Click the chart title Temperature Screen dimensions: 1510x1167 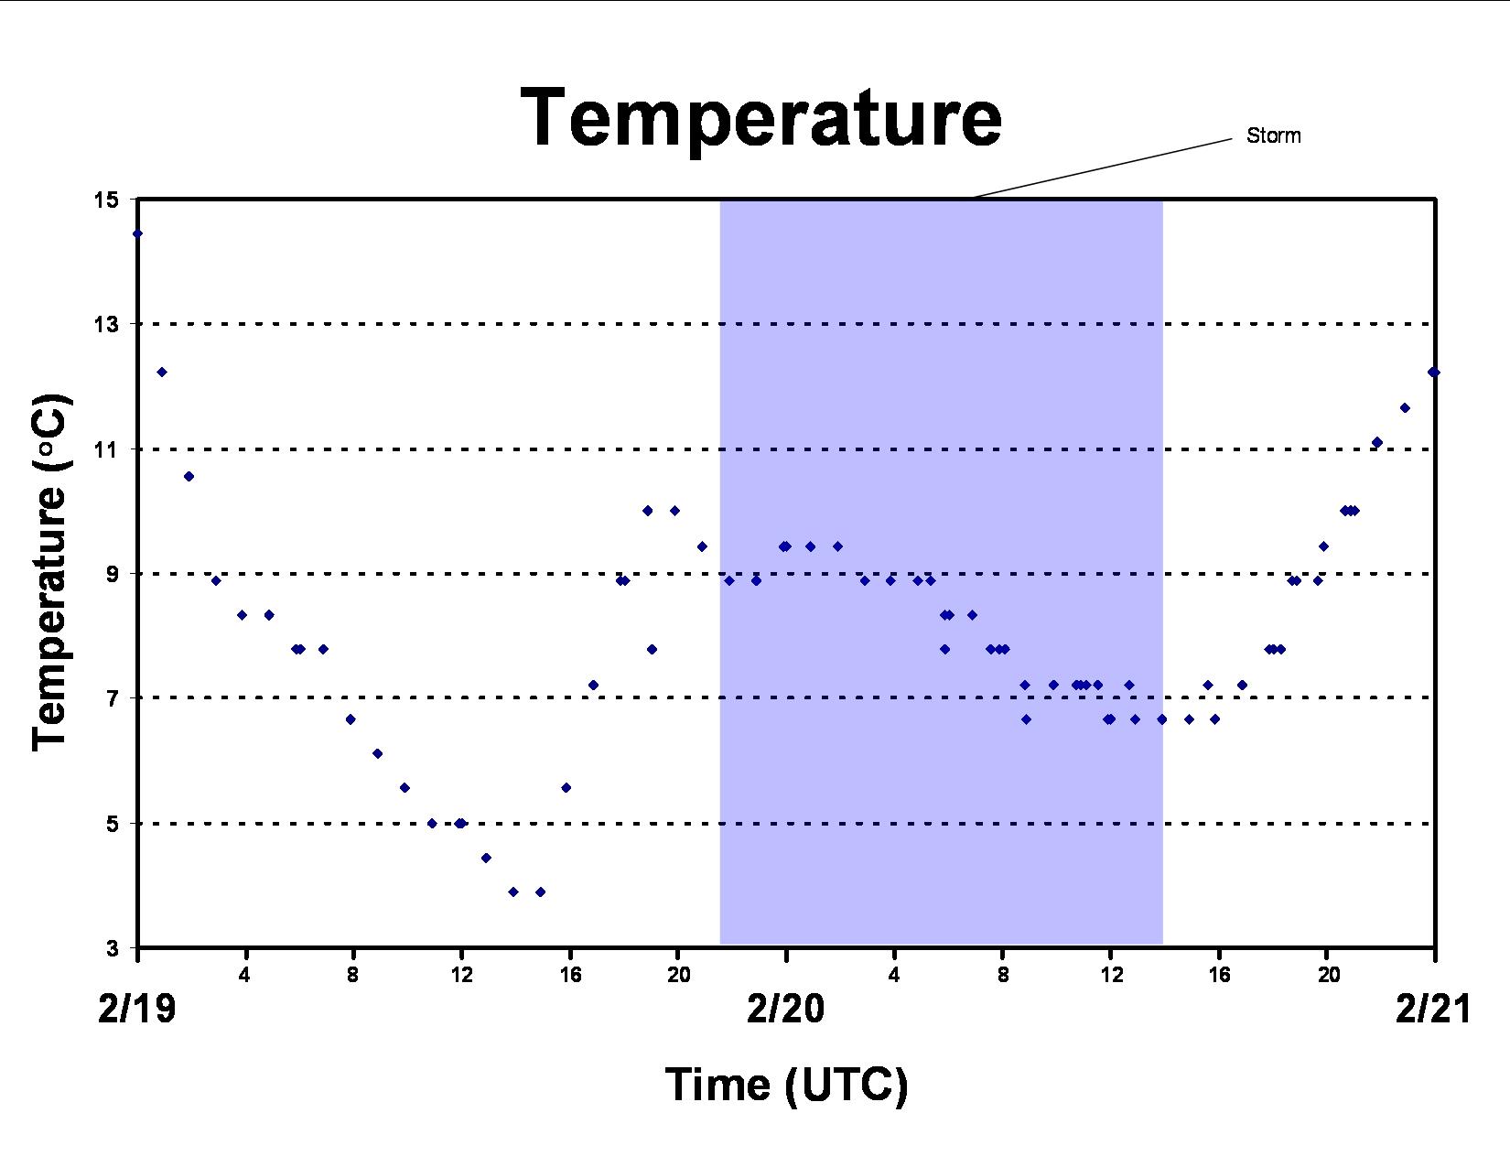pos(760,117)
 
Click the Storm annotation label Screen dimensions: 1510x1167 pos(1273,135)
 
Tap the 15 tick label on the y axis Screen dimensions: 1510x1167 pos(106,200)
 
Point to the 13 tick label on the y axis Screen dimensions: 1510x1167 pos(106,324)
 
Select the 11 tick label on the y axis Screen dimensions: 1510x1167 pos(106,449)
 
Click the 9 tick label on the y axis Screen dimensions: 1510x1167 pos(113,574)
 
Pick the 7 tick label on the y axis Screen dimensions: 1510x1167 pos(113,697)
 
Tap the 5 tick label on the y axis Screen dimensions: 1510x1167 pos(113,824)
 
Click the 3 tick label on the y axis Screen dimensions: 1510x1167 pos(113,948)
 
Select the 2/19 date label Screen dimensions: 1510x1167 pos(137,1010)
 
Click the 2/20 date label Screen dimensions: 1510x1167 pos(785,1010)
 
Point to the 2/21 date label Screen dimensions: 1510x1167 pos(1433,1010)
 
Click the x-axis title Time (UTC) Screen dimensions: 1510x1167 pos(787,1085)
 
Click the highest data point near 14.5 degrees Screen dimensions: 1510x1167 pos(137,233)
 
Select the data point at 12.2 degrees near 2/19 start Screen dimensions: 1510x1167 pos(162,372)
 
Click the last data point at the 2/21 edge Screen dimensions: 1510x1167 pos(1433,372)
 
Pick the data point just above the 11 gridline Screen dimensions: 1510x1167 pos(1377,442)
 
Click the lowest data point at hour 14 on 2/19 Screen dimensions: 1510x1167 pos(513,891)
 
